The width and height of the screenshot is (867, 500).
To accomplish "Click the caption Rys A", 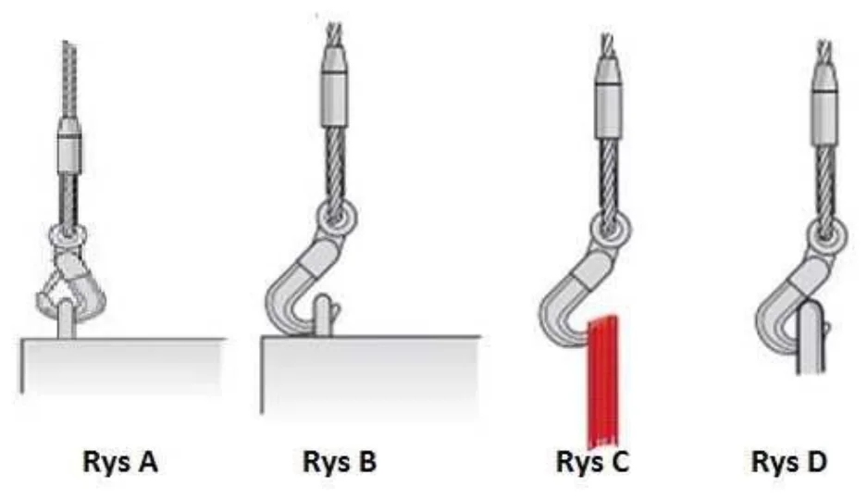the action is pyautogui.click(x=120, y=462).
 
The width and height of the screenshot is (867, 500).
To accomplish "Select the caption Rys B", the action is pyautogui.click(x=340, y=462).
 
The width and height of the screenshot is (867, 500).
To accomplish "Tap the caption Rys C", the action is pyautogui.click(x=592, y=462).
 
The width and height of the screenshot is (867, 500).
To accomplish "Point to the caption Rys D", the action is pyautogui.click(x=789, y=462).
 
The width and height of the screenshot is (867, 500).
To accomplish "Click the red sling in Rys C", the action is pyautogui.click(x=602, y=381).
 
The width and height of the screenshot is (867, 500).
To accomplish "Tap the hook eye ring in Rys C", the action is pyautogui.click(x=610, y=230).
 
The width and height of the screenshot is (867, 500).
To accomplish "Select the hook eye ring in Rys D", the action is pyautogui.click(x=827, y=236).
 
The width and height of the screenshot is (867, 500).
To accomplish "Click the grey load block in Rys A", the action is pyautogui.click(x=123, y=366).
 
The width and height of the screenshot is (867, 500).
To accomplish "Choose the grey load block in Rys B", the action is pyautogui.click(x=370, y=374).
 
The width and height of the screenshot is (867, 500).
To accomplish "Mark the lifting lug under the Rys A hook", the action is pyautogui.click(x=67, y=319).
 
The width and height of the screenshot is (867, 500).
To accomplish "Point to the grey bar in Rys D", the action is pyautogui.click(x=811, y=337).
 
